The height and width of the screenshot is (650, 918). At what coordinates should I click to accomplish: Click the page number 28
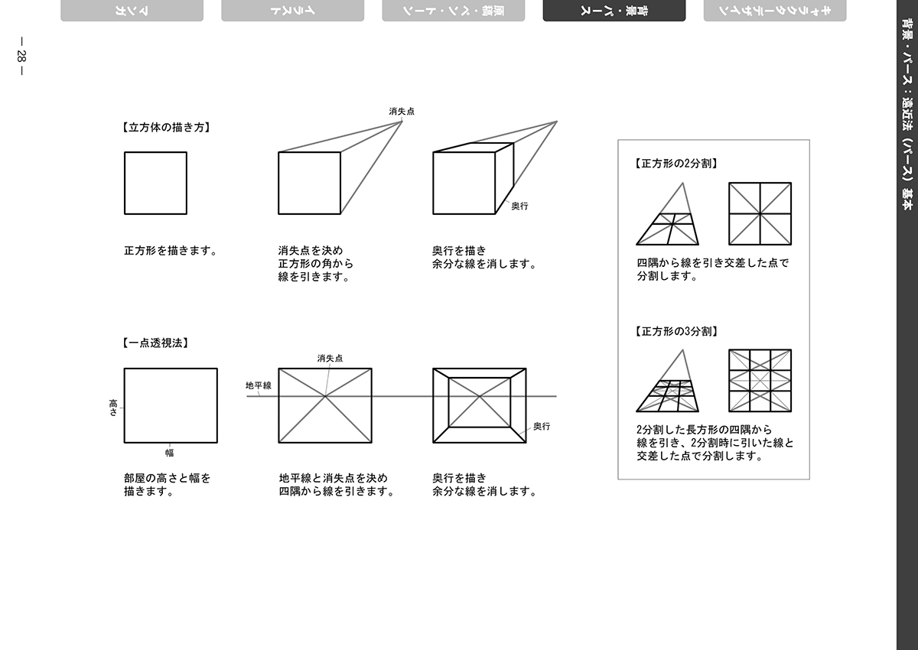click(21, 56)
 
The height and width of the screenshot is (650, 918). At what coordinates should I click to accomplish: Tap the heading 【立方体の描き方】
click(166, 128)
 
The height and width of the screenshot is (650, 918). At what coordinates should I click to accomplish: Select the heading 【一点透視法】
click(155, 343)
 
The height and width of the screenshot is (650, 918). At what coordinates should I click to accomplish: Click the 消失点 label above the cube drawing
click(402, 112)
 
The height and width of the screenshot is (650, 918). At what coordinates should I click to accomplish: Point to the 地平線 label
click(259, 385)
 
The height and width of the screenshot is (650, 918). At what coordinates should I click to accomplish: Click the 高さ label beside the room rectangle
click(113, 408)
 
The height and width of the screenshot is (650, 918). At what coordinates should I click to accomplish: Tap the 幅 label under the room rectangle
click(169, 453)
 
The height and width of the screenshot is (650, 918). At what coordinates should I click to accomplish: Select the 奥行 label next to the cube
click(519, 206)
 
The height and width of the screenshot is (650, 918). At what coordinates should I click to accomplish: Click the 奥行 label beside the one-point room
click(542, 427)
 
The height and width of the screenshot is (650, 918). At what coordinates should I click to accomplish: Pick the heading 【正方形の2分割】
click(676, 164)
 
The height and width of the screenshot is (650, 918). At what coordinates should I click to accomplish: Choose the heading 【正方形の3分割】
click(676, 331)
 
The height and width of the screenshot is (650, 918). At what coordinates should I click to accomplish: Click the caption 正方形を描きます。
click(171, 251)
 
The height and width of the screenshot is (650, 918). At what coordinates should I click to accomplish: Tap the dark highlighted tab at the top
click(614, 11)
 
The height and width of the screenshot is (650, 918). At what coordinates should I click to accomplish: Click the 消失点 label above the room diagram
click(330, 359)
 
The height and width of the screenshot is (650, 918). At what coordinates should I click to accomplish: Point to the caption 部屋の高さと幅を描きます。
click(168, 485)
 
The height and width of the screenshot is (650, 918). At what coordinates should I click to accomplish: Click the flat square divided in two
click(760, 214)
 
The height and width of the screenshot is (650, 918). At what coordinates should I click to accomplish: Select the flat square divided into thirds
click(760, 381)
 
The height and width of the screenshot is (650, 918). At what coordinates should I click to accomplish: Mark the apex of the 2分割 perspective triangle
click(682, 183)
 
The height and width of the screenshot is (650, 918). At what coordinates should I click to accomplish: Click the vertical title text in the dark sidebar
click(908, 114)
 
